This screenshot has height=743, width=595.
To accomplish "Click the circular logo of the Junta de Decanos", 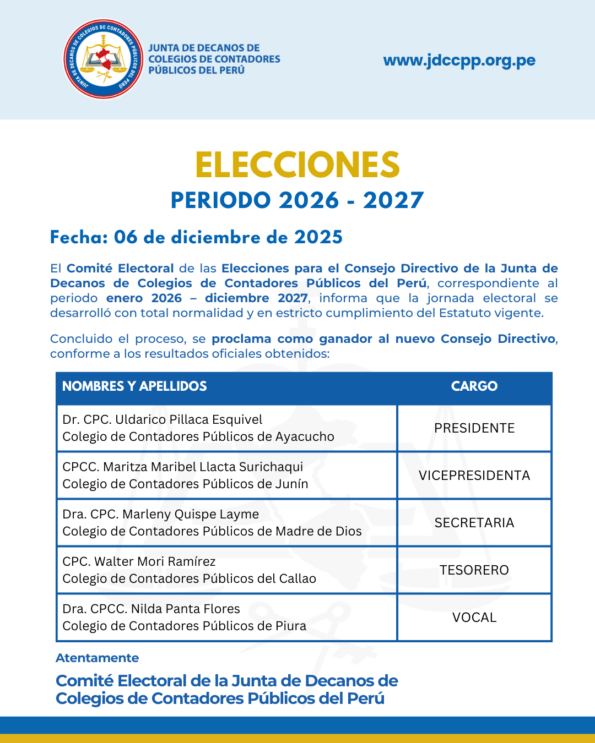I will coord(104,59).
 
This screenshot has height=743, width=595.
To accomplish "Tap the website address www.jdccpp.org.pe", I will coord(459,60).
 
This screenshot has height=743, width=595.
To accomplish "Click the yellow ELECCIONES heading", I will coord(297,165).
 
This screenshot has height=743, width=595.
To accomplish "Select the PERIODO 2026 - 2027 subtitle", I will coord(297,200).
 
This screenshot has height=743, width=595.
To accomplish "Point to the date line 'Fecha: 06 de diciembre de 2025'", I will coord(196,237).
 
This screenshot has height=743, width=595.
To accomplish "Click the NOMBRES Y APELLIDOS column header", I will coord(134,386).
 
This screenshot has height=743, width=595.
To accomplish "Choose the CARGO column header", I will coord(474,386).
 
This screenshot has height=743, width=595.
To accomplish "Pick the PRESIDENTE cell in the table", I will coord(474,428).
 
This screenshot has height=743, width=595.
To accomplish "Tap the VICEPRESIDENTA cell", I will coord(474,476).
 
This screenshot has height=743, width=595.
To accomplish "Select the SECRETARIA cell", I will coord(474,523).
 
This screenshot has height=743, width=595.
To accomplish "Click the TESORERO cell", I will coord(474,570).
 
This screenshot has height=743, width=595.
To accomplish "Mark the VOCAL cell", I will coord(474,618).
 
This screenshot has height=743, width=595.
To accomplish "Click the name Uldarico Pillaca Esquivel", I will coord(188,419).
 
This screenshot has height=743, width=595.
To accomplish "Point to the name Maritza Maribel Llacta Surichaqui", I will coord(203,467).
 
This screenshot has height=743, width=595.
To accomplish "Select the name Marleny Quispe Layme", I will coord(191,514).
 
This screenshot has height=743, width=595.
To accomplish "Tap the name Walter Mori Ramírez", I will coord(155,561).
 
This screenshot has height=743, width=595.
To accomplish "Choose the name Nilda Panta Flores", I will coord(185,609).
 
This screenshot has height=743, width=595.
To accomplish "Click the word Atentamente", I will coord(97,658).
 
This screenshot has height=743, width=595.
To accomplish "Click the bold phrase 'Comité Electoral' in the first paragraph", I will coord(120,269).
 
